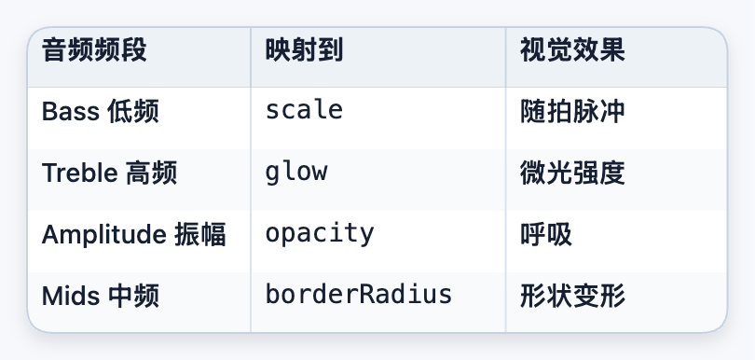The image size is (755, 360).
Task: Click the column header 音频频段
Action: pyautogui.click(x=94, y=50)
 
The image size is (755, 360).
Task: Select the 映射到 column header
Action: pyautogui.click(x=304, y=50)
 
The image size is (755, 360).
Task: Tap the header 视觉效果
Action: pyautogui.click(x=572, y=50)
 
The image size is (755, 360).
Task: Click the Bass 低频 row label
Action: pyautogui.click(x=100, y=112)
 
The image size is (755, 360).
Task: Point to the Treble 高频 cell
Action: pyautogui.click(x=109, y=173)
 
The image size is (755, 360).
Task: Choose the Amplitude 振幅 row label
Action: pyautogui.click(x=134, y=235)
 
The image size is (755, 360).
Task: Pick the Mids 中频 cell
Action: pyautogui.click(x=100, y=297)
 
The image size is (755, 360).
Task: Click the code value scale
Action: pyautogui.click(x=304, y=111)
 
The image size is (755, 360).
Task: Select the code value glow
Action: pyautogui.click(x=296, y=173)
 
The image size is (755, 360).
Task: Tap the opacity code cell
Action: pyautogui.click(x=320, y=234)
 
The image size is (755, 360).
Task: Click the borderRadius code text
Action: pyautogui.click(x=359, y=295)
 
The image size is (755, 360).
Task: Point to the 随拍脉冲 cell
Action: pyautogui.click(x=572, y=112)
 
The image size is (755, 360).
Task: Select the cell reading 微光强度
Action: pyautogui.click(x=572, y=173)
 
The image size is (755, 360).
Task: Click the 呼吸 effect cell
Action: pyautogui.click(x=546, y=235)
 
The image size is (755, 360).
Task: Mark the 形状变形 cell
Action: pyautogui.click(x=572, y=297)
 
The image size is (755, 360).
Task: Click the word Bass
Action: pyautogui.click(x=71, y=112)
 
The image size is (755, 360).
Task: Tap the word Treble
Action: pyautogui.click(x=80, y=173)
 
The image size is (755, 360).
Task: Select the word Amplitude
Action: pyautogui.click(x=104, y=235)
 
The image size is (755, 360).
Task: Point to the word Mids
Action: pyautogui.click(x=71, y=297)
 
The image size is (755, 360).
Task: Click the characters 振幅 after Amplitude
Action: pyautogui.click(x=199, y=235)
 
